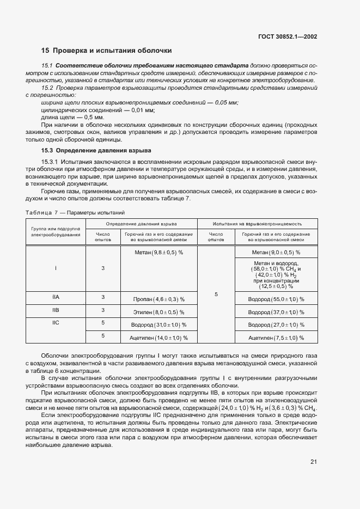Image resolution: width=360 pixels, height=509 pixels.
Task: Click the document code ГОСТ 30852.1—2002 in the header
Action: point(288,37)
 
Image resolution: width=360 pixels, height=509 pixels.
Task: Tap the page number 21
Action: point(314,462)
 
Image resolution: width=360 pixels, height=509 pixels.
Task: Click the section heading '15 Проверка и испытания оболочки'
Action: point(107,51)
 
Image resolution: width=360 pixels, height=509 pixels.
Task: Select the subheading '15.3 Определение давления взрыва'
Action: point(96,150)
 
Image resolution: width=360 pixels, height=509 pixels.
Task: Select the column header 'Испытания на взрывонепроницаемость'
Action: point(258,224)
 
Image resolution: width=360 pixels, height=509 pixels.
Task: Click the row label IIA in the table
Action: point(56,297)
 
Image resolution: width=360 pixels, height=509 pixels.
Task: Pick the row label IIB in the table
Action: point(56,310)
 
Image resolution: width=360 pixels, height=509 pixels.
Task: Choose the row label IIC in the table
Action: point(56,323)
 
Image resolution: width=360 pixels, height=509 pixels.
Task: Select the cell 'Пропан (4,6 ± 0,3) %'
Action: point(159,299)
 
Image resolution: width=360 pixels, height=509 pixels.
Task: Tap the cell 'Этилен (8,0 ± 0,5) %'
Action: point(159,312)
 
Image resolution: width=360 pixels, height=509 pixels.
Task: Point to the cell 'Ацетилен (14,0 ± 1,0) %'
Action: point(158,338)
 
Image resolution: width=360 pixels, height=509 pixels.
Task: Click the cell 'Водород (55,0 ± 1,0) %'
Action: point(276,299)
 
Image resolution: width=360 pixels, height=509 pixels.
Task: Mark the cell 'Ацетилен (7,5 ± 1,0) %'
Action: point(276,338)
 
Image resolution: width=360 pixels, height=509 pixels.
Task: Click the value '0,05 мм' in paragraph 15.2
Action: point(226,103)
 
